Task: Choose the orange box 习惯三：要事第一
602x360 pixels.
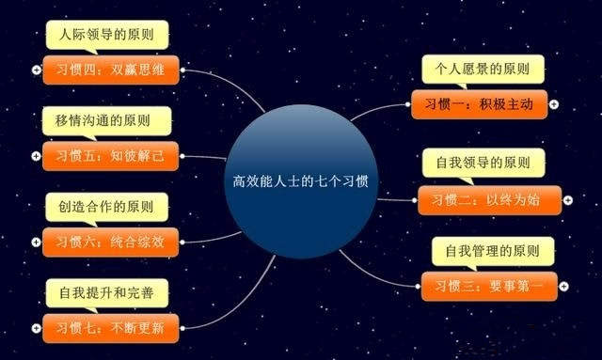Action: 486,285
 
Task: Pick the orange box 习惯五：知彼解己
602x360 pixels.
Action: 109,156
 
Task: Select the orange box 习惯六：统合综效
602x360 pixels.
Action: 109,242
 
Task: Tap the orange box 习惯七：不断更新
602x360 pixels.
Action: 109,328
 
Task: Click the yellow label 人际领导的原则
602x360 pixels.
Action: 106,36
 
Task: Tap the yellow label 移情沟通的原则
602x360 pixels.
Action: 106,121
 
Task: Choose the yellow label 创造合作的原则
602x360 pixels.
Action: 106,207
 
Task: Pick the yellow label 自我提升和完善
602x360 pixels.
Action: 106,293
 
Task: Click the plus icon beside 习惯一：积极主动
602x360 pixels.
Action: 554,104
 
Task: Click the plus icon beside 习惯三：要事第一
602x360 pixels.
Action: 562,285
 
